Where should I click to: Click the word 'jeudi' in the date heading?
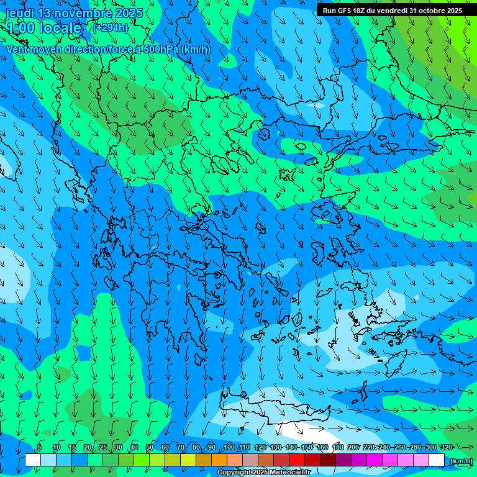point(20,13)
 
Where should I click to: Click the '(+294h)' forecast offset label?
point(110,27)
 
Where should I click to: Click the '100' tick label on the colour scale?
point(230,447)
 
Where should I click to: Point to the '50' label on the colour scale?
point(150,447)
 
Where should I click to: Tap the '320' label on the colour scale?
point(446,447)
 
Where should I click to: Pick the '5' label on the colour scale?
point(39,447)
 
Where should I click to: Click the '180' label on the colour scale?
point(337,447)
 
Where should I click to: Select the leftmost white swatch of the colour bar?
point(32,460)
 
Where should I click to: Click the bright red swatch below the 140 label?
point(297,460)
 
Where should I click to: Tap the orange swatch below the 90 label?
point(219,460)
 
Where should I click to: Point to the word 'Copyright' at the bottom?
point(234,473)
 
